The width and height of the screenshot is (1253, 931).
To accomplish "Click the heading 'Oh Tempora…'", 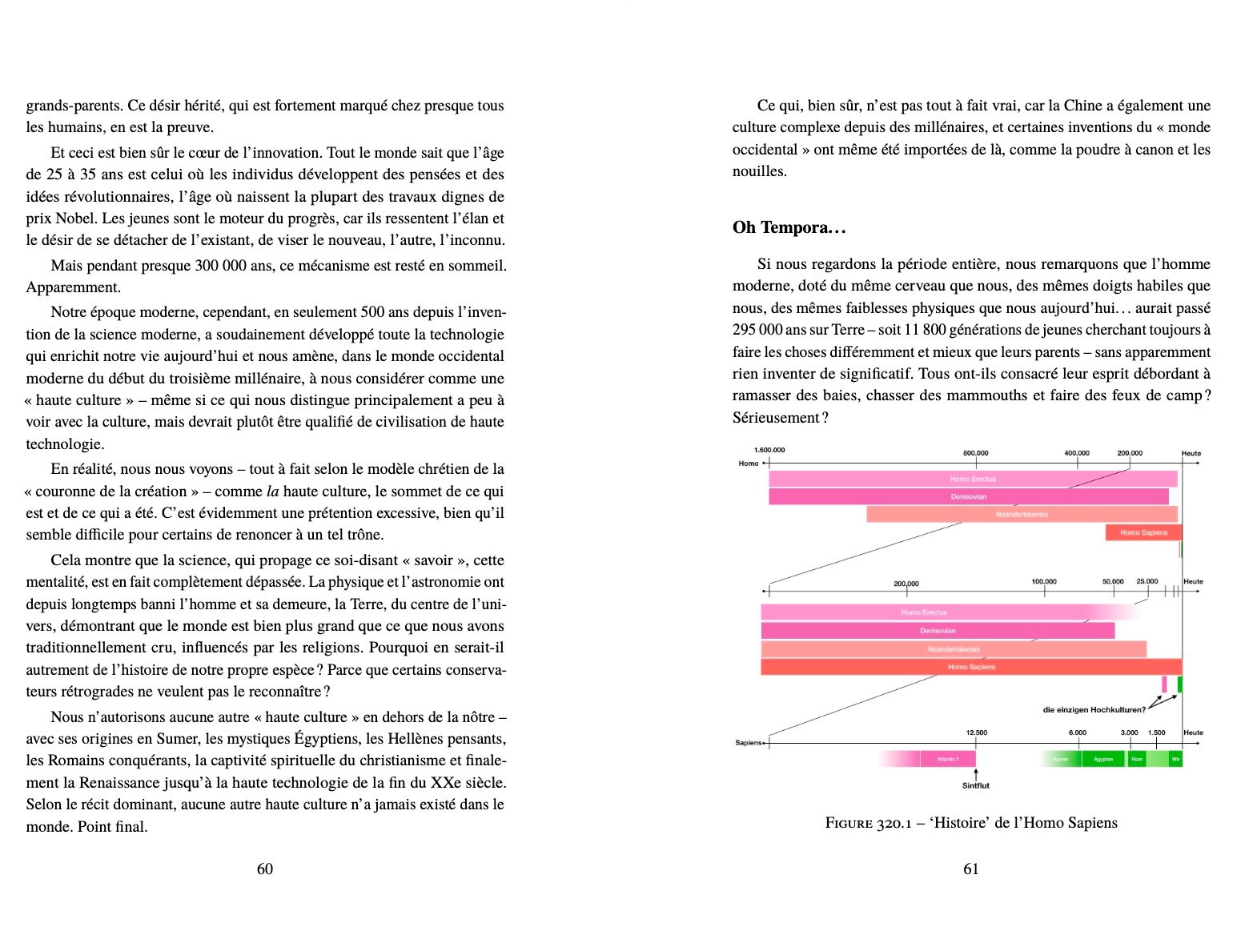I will tap(789, 227).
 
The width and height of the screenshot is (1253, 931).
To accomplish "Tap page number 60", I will tap(265, 869).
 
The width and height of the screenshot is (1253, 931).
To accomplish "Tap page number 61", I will tap(970, 869).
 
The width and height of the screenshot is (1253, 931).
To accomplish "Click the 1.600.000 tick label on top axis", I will tap(769, 450).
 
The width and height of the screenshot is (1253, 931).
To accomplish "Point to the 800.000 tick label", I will tap(975, 453).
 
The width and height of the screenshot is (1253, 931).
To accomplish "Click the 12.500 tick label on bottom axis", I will tap(976, 732).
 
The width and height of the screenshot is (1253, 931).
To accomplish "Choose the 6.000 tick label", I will tap(1077, 732).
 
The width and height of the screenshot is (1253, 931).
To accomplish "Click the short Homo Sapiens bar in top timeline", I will tap(1143, 532).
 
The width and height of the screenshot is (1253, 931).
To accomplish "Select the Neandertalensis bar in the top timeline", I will tap(1021, 515).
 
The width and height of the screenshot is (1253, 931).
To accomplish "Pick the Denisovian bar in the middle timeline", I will tap(937, 631).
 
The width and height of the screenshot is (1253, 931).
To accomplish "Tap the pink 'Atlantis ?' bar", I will tap(947, 759).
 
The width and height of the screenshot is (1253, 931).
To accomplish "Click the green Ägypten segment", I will tap(1102, 759).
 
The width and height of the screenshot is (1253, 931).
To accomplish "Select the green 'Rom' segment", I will tap(1137, 759).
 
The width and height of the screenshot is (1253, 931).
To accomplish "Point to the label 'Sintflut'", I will tap(975, 785).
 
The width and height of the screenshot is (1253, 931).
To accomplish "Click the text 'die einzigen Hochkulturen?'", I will tap(1094, 709).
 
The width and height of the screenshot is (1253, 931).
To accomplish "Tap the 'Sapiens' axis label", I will tap(749, 743).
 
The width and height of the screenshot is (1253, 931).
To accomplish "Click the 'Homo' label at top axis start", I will tap(749, 463).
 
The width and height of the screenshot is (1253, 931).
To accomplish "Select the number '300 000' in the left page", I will tap(221, 266).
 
